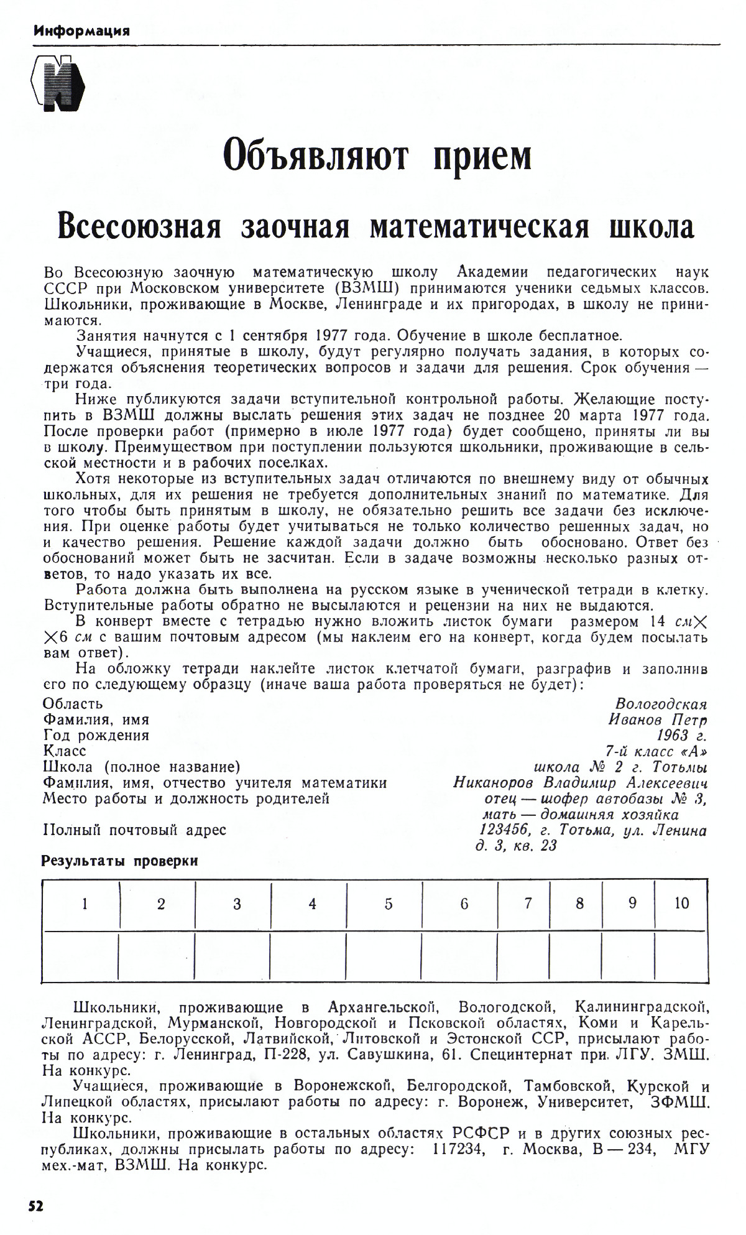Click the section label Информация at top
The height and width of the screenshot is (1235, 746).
[x=81, y=30]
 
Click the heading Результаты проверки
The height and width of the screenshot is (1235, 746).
[x=119, y=861]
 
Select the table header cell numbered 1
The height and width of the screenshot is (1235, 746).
[x=85, y=904]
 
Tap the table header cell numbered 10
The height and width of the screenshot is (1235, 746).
[x=681, y=904]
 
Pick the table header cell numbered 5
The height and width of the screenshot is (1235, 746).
[x=389, y=904]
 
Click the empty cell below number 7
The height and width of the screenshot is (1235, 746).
[x=528, y=956]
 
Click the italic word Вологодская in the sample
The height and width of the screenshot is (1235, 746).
[x=661, y=704]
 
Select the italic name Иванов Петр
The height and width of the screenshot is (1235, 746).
[x=658, y=720]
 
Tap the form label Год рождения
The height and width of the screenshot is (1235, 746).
[x=96, y=736]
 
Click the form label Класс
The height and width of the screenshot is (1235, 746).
[x=64, y=751]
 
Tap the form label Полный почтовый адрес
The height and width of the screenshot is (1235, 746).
[x=134, y=830]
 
